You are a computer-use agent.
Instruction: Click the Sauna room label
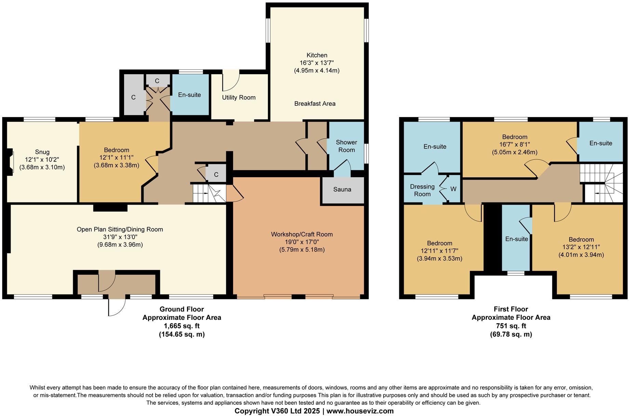coord(342,189)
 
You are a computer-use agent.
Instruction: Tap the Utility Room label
coord(239,97)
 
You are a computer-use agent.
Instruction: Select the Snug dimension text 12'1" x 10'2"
coord(42,159)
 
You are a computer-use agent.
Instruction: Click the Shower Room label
coord(346,146)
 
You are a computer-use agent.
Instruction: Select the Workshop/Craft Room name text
coord(302,234)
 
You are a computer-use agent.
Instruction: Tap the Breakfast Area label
coord(314,104)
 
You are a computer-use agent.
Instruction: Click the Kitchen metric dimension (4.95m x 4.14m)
coord(317,71)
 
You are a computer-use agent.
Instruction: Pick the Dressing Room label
coord(422,190)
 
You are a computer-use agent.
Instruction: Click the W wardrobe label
coord(453,189)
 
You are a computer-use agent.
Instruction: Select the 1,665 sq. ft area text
coord(182,326)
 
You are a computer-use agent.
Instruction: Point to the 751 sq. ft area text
coord(511,326)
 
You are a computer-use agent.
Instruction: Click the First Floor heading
coord(511,309)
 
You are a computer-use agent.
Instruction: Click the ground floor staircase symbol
coord(209,194)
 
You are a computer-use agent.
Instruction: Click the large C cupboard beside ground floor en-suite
coord(133,97)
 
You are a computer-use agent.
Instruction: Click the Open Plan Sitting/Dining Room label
coord(120,230)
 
